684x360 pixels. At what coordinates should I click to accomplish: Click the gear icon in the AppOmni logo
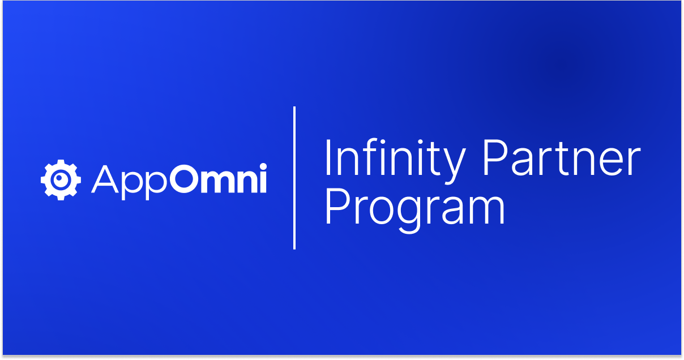coord(61,180)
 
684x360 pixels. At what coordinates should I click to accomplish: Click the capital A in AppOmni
coord(105,179)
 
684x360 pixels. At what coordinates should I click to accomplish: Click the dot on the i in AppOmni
coord(263,166)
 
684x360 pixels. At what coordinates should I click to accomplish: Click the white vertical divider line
coord(294,178)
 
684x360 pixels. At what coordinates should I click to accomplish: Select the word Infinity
coord(395,161)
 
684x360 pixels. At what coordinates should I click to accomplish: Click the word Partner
coord(562,157)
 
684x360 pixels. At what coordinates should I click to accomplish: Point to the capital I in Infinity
coord(328,157)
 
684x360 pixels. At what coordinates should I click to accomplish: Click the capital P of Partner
coord(495,157)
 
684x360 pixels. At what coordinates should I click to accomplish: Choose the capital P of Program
coord(337,207)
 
